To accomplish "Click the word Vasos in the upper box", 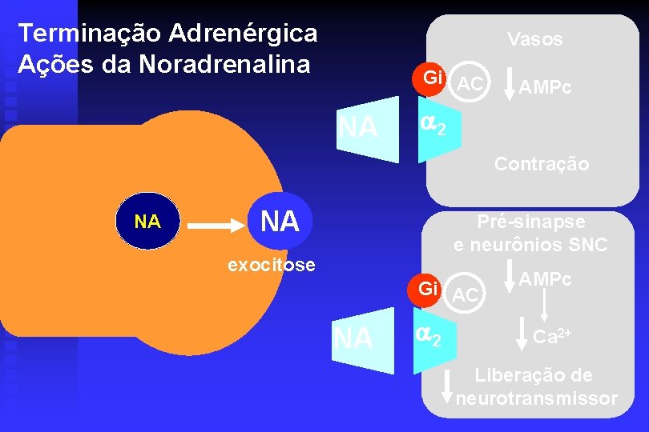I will click(x=534, y=38).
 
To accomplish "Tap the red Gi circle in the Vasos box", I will click(x=433, y=78).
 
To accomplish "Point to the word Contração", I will click(x=542, y=164).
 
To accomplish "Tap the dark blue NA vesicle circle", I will click(x=147, y=222).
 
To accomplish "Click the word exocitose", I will click(x=272, y=265).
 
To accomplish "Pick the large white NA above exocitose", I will click(x=280, y=221).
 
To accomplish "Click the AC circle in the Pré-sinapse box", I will click(x=466, y=294).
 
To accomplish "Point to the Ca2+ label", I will click(x=553, y=337).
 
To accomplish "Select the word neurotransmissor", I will click(x=537, y=398).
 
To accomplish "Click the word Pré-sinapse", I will click(x=531, y=222).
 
